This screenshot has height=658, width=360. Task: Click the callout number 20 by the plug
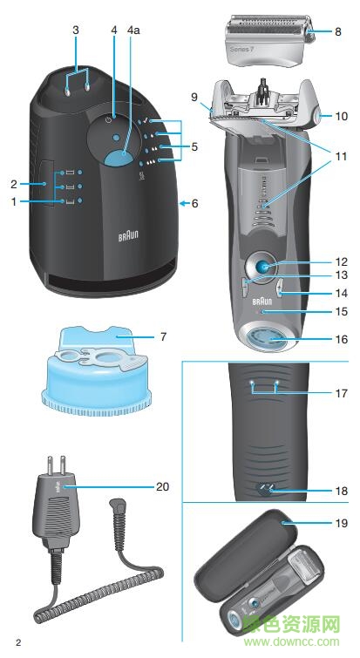pyautogui.click(x=162, y=486)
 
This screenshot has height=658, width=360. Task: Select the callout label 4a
pyautogui.click(x=133, y=30)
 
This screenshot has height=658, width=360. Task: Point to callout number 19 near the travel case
pyautogui.click(x=341, y=523)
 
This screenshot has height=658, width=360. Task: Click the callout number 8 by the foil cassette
pyautogui.click(x=338, y=31)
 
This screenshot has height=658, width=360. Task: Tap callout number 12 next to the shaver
pyautogui.click(x=341, y=261)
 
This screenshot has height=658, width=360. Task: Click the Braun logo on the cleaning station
pyautogui.click(x=128, y=236)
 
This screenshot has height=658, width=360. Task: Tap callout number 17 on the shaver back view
pyautogui.click(x=341, y=393)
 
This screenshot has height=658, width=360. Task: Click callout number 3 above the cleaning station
pyautogui.click(x=76, y=30)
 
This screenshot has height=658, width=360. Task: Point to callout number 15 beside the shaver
pyautogui.click(x=341, y=310)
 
